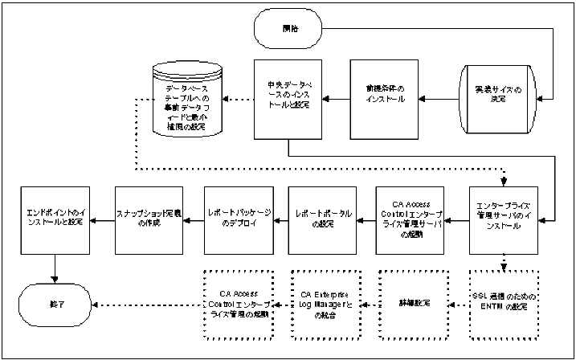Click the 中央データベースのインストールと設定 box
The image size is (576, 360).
point(288,98)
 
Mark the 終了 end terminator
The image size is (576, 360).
point(54,305)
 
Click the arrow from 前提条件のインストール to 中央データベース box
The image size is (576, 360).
point(337,99)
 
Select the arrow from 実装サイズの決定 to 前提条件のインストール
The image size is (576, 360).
point(439,99)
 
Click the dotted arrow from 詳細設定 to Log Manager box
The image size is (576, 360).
point(366,305)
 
